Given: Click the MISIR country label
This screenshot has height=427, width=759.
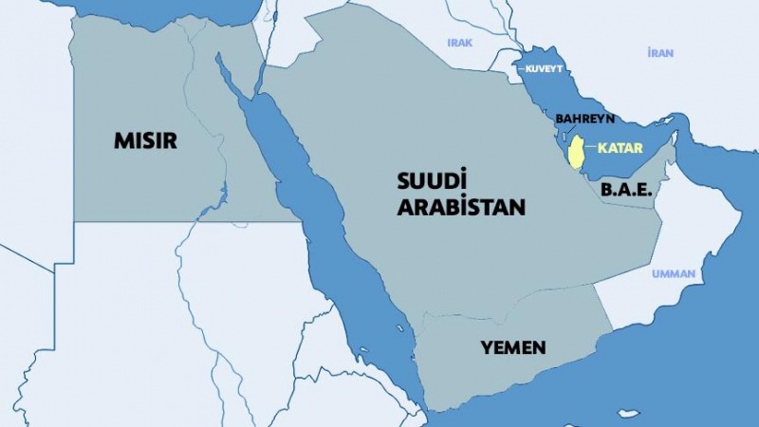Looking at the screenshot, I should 145,140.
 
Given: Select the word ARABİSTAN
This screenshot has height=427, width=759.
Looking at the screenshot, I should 461,207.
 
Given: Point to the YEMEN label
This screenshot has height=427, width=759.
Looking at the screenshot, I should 513,347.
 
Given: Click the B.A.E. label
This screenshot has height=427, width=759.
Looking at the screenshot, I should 626,189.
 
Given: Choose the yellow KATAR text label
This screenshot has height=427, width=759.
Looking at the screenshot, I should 620,148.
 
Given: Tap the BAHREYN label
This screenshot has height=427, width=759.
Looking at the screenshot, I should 585,119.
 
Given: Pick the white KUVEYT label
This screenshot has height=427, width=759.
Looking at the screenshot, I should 543,68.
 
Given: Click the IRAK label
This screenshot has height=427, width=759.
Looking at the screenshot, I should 460,43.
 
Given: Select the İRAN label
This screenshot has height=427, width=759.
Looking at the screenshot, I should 660,53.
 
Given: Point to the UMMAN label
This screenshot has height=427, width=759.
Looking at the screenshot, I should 674,274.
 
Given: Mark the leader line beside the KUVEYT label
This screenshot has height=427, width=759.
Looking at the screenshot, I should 520,68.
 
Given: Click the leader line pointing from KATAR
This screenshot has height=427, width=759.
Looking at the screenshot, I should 590,148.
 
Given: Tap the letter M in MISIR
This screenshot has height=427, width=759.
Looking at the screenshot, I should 121,140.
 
